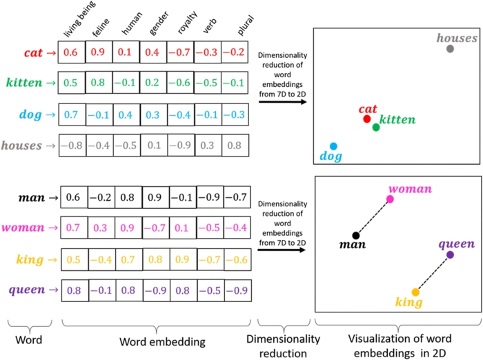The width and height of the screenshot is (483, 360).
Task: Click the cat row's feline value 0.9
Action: pos(99,52)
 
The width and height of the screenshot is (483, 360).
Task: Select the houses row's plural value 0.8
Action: pos(235,146)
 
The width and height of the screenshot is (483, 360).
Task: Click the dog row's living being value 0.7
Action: pos(71,114)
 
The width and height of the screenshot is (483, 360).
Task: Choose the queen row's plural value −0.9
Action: pos(235,290)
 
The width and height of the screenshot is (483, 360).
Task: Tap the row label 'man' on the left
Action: pos(32,197)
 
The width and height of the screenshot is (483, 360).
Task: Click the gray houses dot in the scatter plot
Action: pos(450,49)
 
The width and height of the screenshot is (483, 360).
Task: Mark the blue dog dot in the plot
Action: pos(333,146)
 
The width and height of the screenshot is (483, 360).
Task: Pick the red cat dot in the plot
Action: pos(367,119)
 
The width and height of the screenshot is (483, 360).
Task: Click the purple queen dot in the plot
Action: pos(450,255)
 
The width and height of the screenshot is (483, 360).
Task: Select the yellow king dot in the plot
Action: pos(415,292)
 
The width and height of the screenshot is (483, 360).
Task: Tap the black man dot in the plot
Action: pos(356,236)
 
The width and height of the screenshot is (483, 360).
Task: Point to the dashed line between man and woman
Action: pos(373,217)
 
